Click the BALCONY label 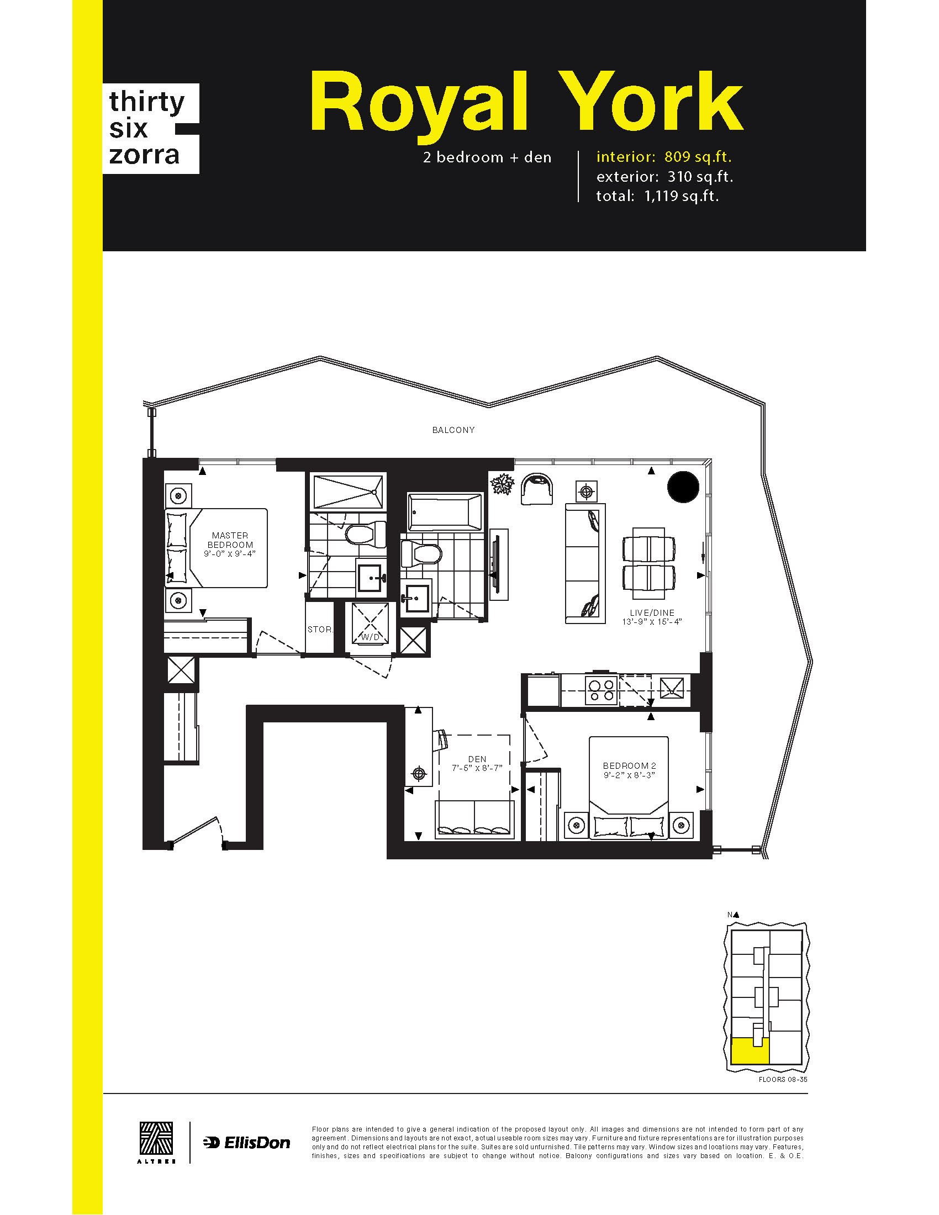coord(453,430)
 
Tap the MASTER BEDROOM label coord(230,540)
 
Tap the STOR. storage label coord(320,629)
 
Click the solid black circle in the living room coord(683,487)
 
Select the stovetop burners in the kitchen coord(602,690)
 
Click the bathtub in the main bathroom coord(445,512)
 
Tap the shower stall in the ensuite coord(347,491)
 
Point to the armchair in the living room coord(537,489)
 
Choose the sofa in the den coord(474,818)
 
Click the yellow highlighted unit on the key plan coord(750,1050)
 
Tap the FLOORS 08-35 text coord(783,1080)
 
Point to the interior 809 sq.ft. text coord(663,157)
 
